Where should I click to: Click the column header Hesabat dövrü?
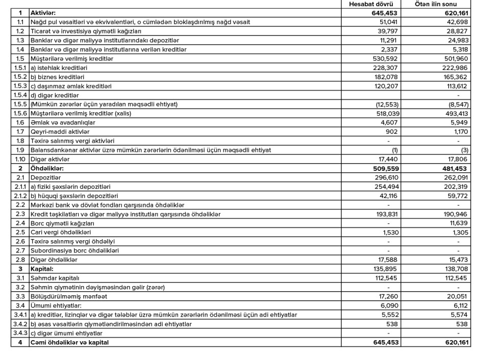tap(373, 5)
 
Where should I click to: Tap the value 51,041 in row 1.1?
tap(388, 22)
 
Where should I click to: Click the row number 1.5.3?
tap(20, 86)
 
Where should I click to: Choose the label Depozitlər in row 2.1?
tap(46, 177)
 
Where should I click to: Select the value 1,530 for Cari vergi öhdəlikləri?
tap(389, 233)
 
